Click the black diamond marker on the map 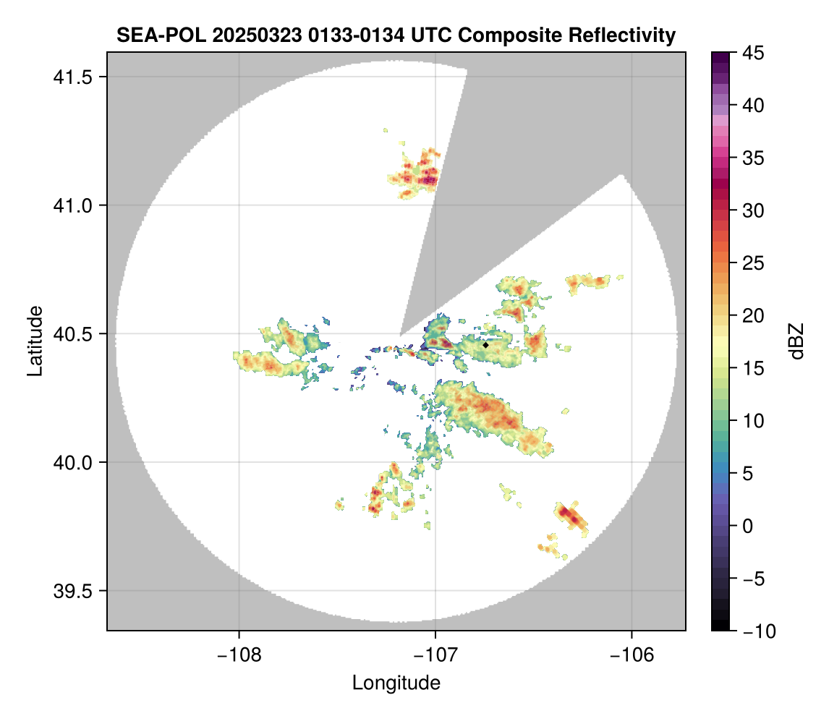(486, 345)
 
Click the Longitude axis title (396, 683)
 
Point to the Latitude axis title (35, 341)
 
